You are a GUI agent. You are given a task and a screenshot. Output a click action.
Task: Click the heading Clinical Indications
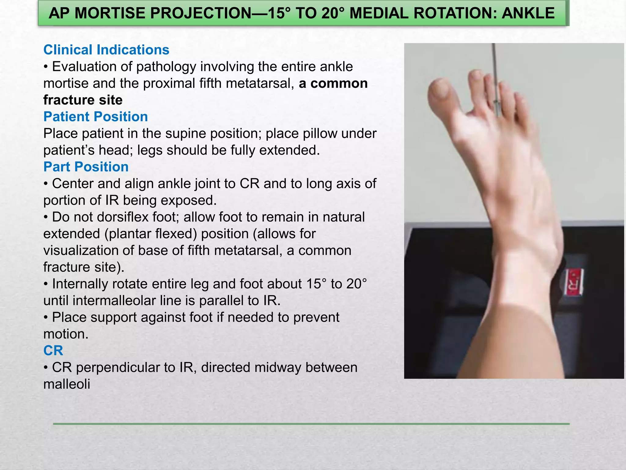pos(106,50)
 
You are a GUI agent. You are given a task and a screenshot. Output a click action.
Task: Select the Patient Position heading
pos(95,117)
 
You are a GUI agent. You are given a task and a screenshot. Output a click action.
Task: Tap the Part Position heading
pos(86,167)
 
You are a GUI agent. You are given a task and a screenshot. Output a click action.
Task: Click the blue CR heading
pos(53,351)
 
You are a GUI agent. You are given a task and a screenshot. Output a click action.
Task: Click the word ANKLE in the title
pos(528,13)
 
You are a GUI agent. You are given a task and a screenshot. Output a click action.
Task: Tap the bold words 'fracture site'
pos(83,100)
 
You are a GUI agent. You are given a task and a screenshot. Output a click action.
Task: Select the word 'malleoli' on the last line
pos(67,384)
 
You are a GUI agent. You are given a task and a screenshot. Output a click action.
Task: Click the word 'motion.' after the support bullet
pos(66,334)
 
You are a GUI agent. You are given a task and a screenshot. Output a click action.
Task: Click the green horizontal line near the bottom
pos(311,424)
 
